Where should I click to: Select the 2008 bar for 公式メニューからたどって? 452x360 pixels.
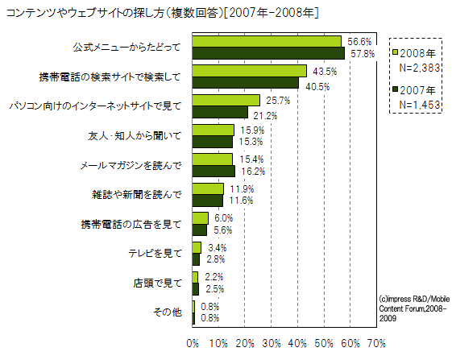pyautogui.click(x=267, y=41)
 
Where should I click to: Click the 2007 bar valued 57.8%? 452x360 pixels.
pyautogui.click(x=268, y=53)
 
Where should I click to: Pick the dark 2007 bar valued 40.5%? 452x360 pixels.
pyautogui.click(x=246, y=82)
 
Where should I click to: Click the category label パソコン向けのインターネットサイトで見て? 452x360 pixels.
pyautogui.click(x=94, y=106)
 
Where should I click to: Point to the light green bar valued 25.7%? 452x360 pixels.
pyautogui.click(x=226, y=100)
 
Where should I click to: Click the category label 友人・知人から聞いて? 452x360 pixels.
pyautogui.click(x=134, y=135)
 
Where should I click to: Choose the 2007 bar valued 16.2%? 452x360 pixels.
pyautogui.click(x=214, y=171)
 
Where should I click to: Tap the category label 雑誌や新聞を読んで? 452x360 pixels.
pyautogui.click(x=137, y=194)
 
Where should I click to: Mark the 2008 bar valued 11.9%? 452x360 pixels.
pyautogui.click(x=208, y=188)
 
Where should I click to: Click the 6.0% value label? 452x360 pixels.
pyautogui.click(x=223, y=218)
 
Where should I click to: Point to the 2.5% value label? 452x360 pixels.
pyautogui.click(x=214, y=288)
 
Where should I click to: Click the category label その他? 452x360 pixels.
pyautogui.click(x=168, y=312)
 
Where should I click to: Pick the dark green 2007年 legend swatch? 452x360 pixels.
pyautogui.click(x=396, y=89)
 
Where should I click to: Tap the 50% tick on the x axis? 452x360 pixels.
pyautogui.click(x=324, y=343)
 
